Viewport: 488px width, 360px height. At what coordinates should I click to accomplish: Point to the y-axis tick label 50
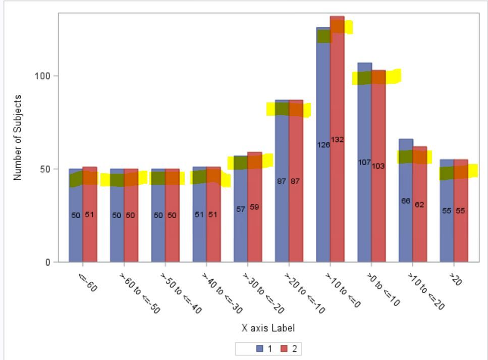[x=49, y=169]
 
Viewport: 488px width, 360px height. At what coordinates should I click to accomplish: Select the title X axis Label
[x=268, y=328]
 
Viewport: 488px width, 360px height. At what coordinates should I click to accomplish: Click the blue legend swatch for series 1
[x=260, y=348]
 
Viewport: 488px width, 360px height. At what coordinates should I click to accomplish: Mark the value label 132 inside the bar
[x=337, y=139]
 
